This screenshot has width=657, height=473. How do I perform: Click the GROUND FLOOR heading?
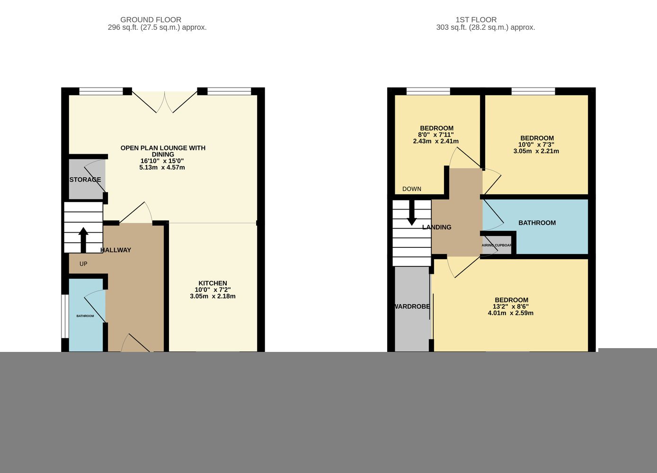151,20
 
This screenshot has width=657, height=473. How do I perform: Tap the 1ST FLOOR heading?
476,20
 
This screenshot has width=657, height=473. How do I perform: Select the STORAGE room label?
85,180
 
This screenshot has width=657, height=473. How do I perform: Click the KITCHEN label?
213,283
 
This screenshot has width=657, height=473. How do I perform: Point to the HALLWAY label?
115,250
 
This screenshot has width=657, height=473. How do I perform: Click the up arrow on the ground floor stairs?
83,240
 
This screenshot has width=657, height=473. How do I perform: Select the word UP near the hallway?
83,264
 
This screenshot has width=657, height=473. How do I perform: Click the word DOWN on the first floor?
412,189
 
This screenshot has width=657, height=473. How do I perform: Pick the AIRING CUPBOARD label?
497,245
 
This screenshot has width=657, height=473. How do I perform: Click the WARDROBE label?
412,307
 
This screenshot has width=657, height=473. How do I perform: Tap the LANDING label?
437,227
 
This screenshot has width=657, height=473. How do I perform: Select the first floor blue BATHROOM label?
537,223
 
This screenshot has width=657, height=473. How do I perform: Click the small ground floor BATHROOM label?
85,316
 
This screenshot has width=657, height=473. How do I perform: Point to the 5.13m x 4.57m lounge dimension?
162,167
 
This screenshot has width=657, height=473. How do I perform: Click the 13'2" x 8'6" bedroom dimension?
511,307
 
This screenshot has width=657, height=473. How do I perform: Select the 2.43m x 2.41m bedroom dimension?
436,141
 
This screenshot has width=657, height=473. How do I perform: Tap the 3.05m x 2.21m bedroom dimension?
536,151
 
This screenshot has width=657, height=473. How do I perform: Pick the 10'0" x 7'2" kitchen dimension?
213,289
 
